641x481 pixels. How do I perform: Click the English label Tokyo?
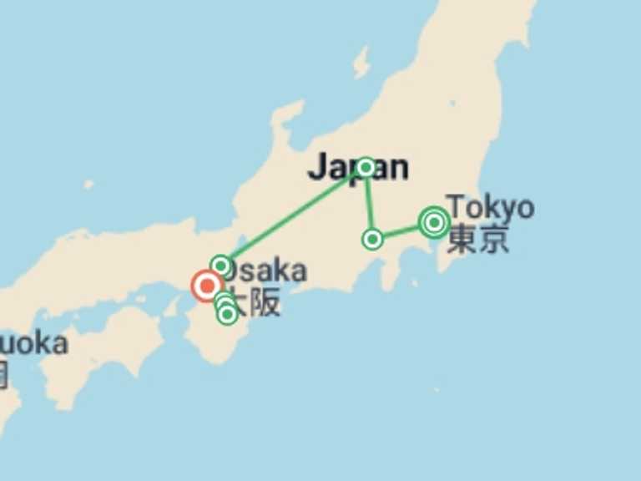coord(489,206)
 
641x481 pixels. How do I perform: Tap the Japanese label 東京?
coord(477,240)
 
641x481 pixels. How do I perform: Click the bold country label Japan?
coord(358,168)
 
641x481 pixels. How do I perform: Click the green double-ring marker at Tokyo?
coord(434,222)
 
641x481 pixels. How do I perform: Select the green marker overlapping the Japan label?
coord(365,167)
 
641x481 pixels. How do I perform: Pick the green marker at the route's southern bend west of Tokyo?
coord(372,240)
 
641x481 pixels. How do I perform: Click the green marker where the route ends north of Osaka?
coord(220,266)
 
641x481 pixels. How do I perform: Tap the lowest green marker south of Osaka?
coord(227,315)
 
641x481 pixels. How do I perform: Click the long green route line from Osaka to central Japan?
coord(292,216)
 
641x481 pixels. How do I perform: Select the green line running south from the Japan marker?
coord(368,203)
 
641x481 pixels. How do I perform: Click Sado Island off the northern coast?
coord(361,63)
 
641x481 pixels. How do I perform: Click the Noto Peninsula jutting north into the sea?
coord(288,121)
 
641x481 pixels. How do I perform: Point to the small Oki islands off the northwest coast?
coord(88,185)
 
